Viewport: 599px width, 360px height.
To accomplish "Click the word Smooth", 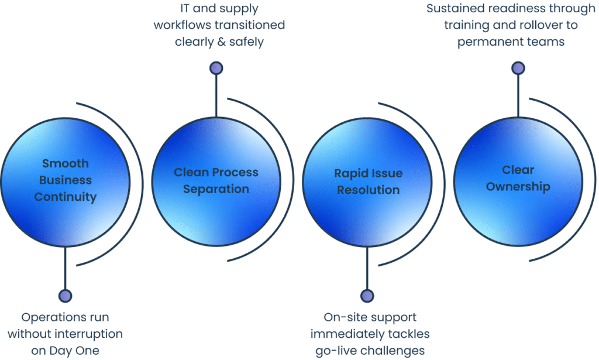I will (66, 163).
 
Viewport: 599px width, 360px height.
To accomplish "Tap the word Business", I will (66, 180).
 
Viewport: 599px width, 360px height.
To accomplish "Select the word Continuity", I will (66, 197).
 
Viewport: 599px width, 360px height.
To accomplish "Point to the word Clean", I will (191, 173).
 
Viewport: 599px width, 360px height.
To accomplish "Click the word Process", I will (235, 173).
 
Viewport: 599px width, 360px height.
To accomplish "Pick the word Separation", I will (216, 189).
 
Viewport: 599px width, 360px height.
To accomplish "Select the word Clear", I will (518, 170).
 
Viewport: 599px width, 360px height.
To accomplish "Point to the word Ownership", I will (518, 187).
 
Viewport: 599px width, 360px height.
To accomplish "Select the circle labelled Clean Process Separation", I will (216, 217).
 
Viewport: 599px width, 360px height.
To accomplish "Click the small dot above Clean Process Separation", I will (216, 68).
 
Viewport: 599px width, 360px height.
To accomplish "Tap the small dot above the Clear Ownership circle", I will (518, 68).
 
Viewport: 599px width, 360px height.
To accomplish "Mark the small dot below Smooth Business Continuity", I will (66, 296).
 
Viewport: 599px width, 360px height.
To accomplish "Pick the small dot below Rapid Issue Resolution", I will (367, 296).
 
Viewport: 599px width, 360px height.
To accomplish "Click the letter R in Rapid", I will (338, 174).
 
